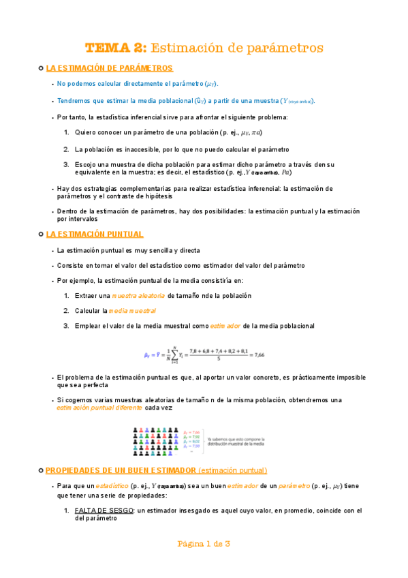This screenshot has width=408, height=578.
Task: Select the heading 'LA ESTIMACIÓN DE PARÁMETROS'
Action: (x=109, y=68)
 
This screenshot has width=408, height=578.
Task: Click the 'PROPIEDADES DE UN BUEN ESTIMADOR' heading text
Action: (x=121, y=470)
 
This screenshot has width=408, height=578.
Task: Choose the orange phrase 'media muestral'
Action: (x=133, y=311)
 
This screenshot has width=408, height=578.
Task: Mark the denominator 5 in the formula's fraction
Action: (x=218, y=359)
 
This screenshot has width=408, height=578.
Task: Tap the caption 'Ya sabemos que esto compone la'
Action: (x=236, y=439)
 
